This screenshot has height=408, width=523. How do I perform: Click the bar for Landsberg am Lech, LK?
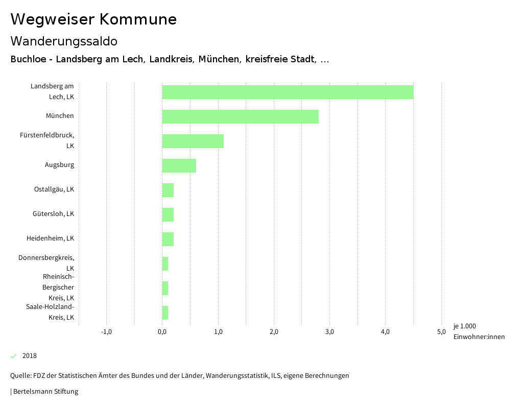pyautogui.click(x=288, y=92)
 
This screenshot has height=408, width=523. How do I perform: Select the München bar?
pyautogui.click(x=240, y=116)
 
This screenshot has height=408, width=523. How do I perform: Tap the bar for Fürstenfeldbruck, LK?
pyautogui.click(x=193, y=141)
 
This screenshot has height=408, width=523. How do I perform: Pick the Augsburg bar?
pyautogui.click(x=179, y=165)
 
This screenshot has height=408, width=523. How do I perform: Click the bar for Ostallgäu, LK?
pyautogui.click(x=168, y=190)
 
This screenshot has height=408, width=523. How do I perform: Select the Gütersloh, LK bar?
pyautogui.click(x=168, y=214)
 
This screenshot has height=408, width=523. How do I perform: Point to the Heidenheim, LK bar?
pyautogui.click(x=168, y=239)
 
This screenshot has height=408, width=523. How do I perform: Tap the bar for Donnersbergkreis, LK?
pyautogui.click(x=165, y=263)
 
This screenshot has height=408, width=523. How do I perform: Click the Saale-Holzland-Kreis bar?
pyautogui.click(x=165, y=313)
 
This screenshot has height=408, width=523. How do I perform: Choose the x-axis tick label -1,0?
pyautogui.click(x=106, y=332)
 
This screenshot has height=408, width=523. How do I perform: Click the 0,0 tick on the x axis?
pyautogui.click(x=162, y=332)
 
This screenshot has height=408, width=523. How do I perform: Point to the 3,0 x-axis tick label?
pyautogui.click(x=329, y=332)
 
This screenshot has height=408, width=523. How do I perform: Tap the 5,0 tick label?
pyautogui.click(x=441, y=332)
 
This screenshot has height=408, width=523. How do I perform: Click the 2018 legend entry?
pyautogui.click(x=29, y=356)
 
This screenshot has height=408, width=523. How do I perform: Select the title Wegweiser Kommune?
pyautogui.click(x=93, y=19)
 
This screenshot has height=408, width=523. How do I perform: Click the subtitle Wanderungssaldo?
pyautogui.click(x=64, y=41)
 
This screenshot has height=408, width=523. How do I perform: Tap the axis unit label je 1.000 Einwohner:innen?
pyautogui.click(x=478, y=331)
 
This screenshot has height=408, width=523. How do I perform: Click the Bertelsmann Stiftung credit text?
pyautogui.click(x=45, y=392)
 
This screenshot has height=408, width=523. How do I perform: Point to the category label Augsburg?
pyautogui.click(x=59, y=165)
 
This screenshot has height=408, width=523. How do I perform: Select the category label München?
pyautogui.click(x=60, y=116)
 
